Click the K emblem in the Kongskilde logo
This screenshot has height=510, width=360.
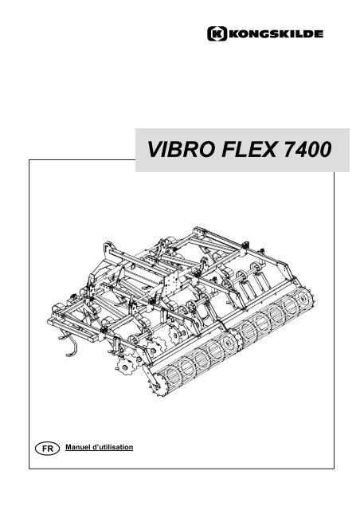[217, 33]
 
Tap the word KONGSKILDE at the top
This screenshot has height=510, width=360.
[276, 33]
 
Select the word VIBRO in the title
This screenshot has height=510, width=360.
[181, 150]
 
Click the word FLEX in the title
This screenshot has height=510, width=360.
[249, 150]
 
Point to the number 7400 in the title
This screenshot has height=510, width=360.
[307, 150]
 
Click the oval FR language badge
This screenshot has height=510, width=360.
[48, 449]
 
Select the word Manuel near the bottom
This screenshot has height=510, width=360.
[78, 447]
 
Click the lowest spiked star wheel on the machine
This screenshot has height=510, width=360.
[125, 367]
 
